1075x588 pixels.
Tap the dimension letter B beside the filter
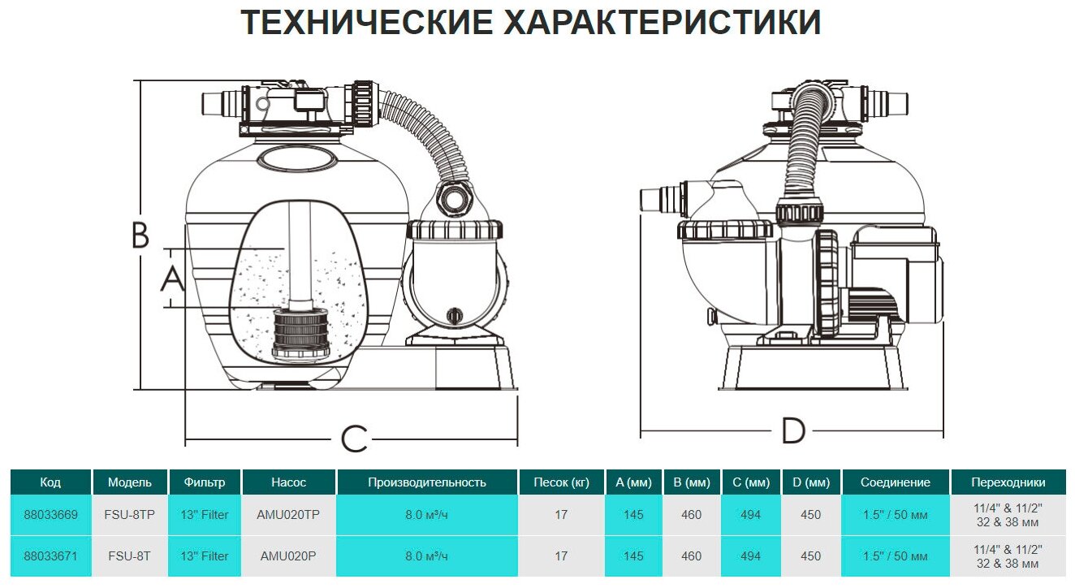coord(140,236)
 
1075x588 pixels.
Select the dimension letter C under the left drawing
coord(354,439)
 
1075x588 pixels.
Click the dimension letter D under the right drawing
coord(792,431)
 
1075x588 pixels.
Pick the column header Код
coord(50,482)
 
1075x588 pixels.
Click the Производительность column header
coord(427,482)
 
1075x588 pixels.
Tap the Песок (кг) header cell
coord(561,482)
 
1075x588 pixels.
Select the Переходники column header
coord(1008,482)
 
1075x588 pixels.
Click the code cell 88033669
coord(50,515)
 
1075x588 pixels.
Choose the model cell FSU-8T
coord(130,556)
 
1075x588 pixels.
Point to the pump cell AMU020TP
coord(288,515)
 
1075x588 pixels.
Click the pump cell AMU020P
coord(288,556)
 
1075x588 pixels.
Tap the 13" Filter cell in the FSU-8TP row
coord(205,515)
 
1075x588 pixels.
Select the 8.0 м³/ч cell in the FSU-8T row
coord(427,556)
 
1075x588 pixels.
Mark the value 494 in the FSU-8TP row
coord(751,515)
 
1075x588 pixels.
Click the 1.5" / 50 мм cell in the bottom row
coord(896,556)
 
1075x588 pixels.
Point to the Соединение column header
coord(896,482)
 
